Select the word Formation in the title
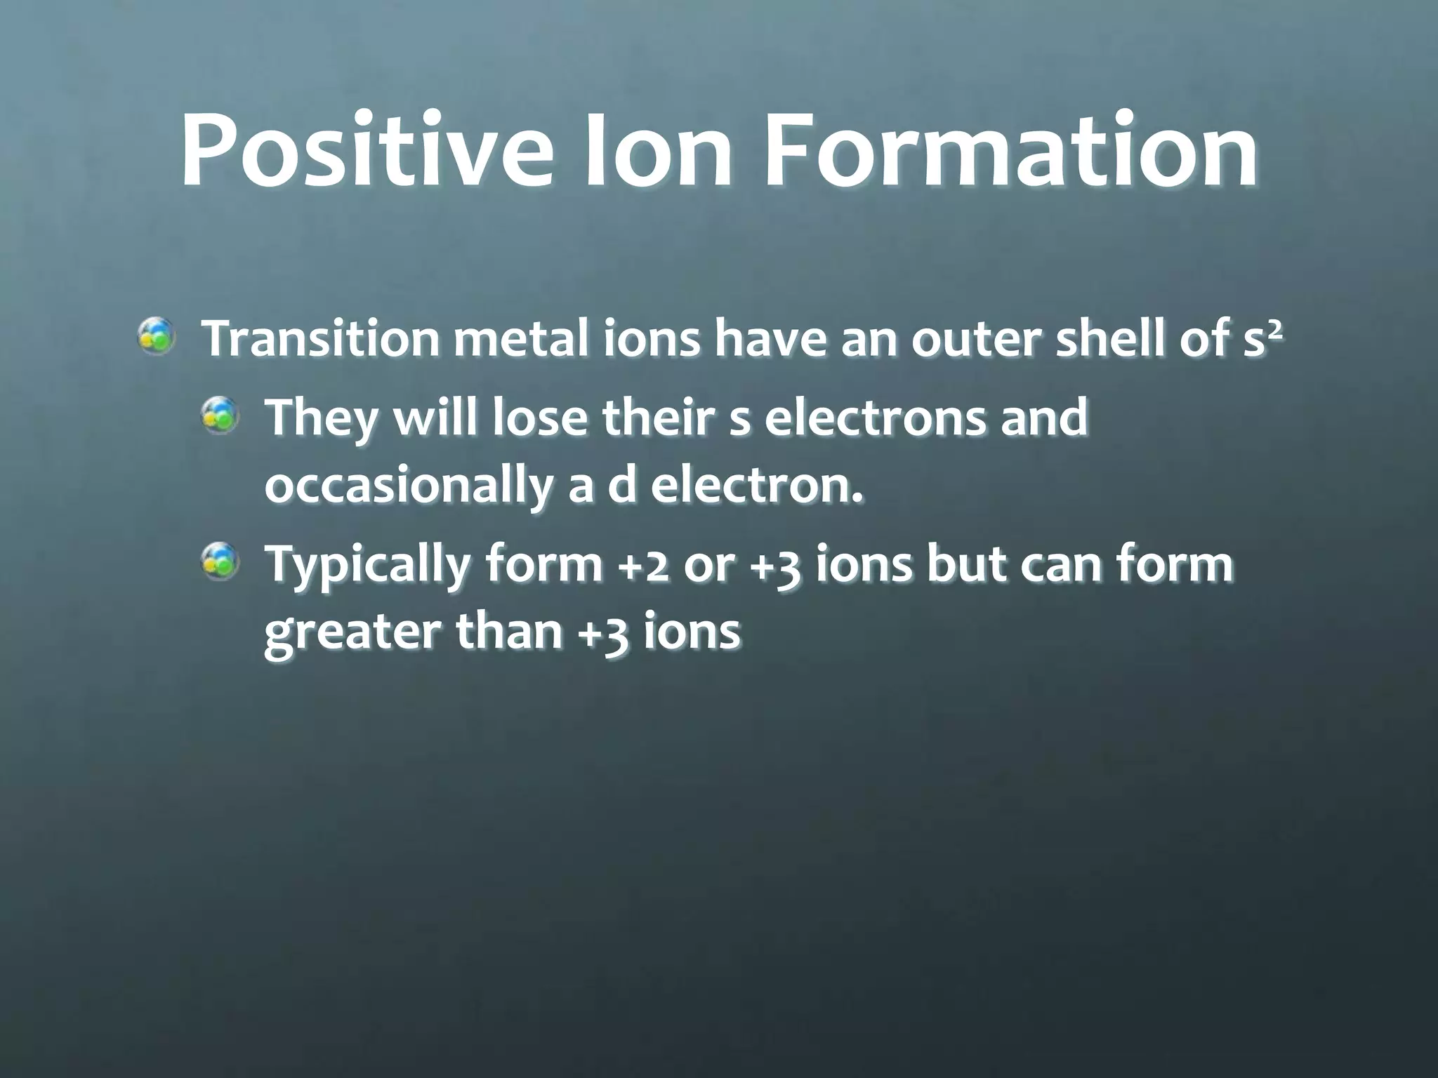point(1010,151)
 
